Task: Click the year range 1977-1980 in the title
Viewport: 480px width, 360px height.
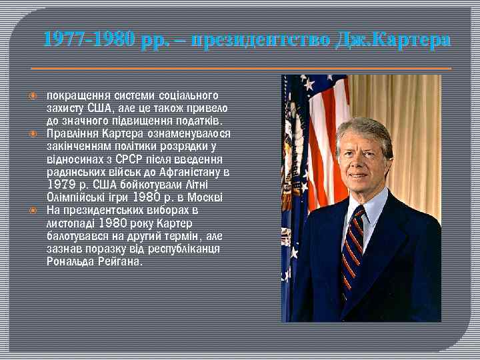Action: pos(91,40)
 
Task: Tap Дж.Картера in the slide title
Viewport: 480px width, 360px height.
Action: pos(393,40)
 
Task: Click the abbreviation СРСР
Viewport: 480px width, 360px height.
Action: pos(130,159)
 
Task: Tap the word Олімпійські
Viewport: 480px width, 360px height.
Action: pos(75,197)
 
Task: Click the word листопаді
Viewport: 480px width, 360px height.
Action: pos(71,223)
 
